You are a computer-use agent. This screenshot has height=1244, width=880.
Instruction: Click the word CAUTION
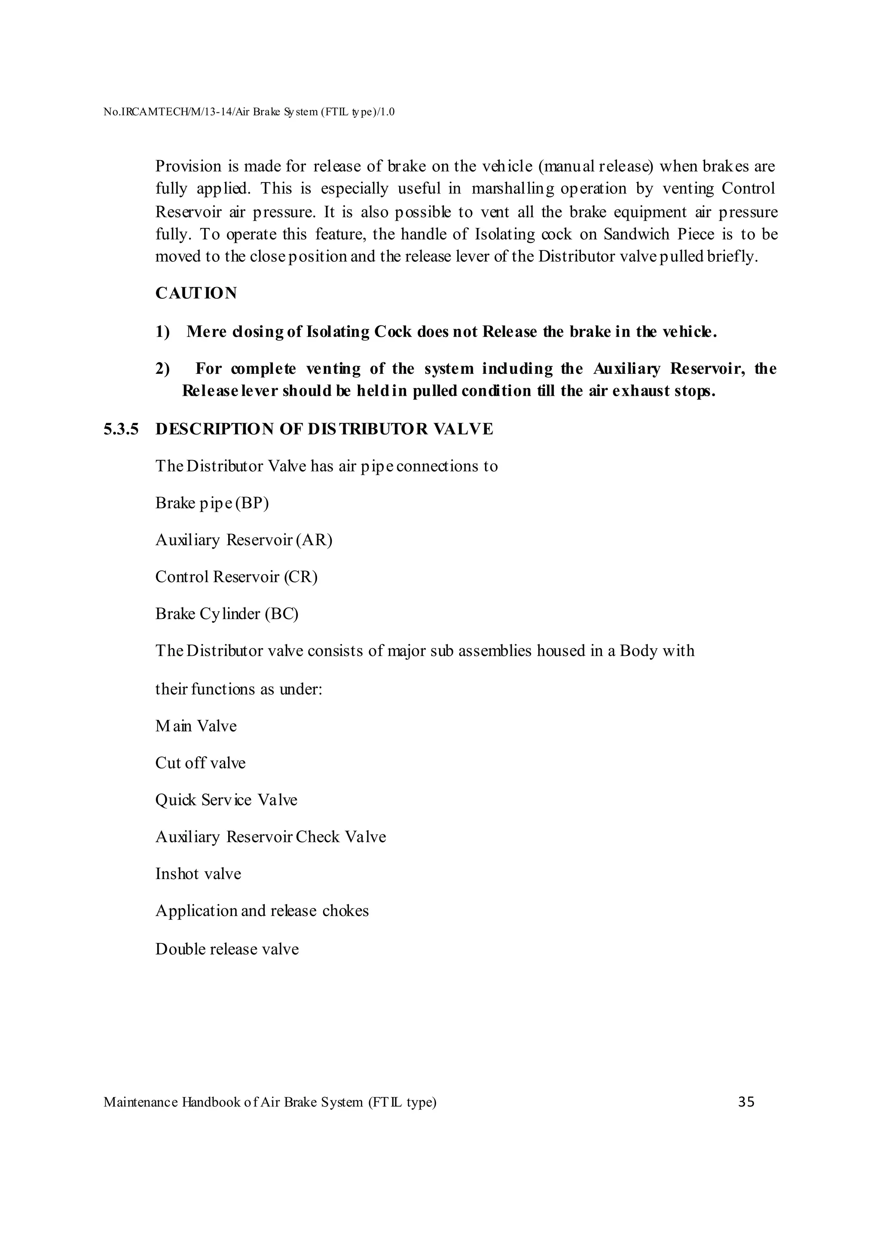[x=196, y=293]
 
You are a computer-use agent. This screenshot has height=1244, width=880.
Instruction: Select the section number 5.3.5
[x=121, y=429]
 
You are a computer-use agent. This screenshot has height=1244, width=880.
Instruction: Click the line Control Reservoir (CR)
[x=236, y=576]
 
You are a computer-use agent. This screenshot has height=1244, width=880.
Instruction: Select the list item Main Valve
[x=196, y=725]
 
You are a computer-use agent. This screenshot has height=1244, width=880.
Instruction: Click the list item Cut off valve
[x=200, y=763]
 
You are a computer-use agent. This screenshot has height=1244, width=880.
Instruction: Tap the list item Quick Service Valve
[x=226, y=800]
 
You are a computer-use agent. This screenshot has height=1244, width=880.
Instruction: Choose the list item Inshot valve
[x=198, y=874]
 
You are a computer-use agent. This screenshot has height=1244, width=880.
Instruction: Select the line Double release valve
[x=226, y=949]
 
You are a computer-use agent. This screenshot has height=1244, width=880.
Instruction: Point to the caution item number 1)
[x=163, y=331]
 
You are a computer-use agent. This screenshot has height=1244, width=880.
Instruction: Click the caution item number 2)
[x=163, y=369]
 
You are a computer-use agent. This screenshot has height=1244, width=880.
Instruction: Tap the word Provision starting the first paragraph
[x=188, y=166]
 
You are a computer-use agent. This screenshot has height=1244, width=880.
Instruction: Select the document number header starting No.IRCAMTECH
[x=248, y=112]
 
